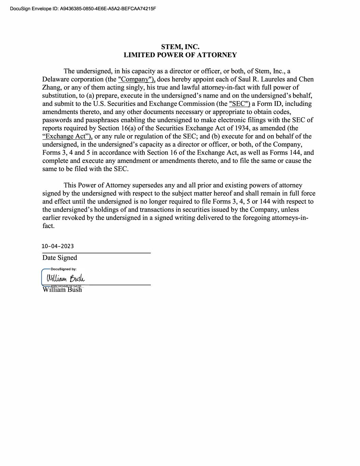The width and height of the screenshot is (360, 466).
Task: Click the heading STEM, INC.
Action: coord(180,47)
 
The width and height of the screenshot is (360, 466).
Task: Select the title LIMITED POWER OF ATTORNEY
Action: coord(180,55)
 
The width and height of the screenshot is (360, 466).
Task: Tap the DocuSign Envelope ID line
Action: coord(83,8)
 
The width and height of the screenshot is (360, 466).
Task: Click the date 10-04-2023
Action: coord(58,246)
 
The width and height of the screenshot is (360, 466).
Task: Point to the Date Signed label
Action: coord(60,258)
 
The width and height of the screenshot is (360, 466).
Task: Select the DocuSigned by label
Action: coord(63,269)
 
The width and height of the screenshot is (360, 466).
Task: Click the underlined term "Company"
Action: coord(136,80)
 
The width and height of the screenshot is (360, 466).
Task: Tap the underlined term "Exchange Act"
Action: coord(67,137)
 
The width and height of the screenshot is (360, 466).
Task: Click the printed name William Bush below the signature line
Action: coord(62,290)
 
